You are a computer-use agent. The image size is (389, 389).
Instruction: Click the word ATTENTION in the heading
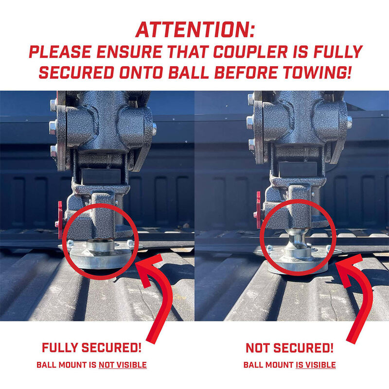pyautogui.click(x=194, y=30)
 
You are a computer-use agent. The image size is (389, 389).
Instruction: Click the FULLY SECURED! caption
pyautogui.click(x=92, y=348)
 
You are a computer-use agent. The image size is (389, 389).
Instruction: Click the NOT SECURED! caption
pyautogui.click(x=289, y=348)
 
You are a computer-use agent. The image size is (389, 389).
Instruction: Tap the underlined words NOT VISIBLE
pyautogui.click(x=123, y=365)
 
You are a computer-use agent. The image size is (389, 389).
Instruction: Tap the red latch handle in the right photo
pyautogui.click(x=257, y=209)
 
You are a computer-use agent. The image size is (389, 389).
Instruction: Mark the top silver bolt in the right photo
pyautogui.click(x=250, y=100)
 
